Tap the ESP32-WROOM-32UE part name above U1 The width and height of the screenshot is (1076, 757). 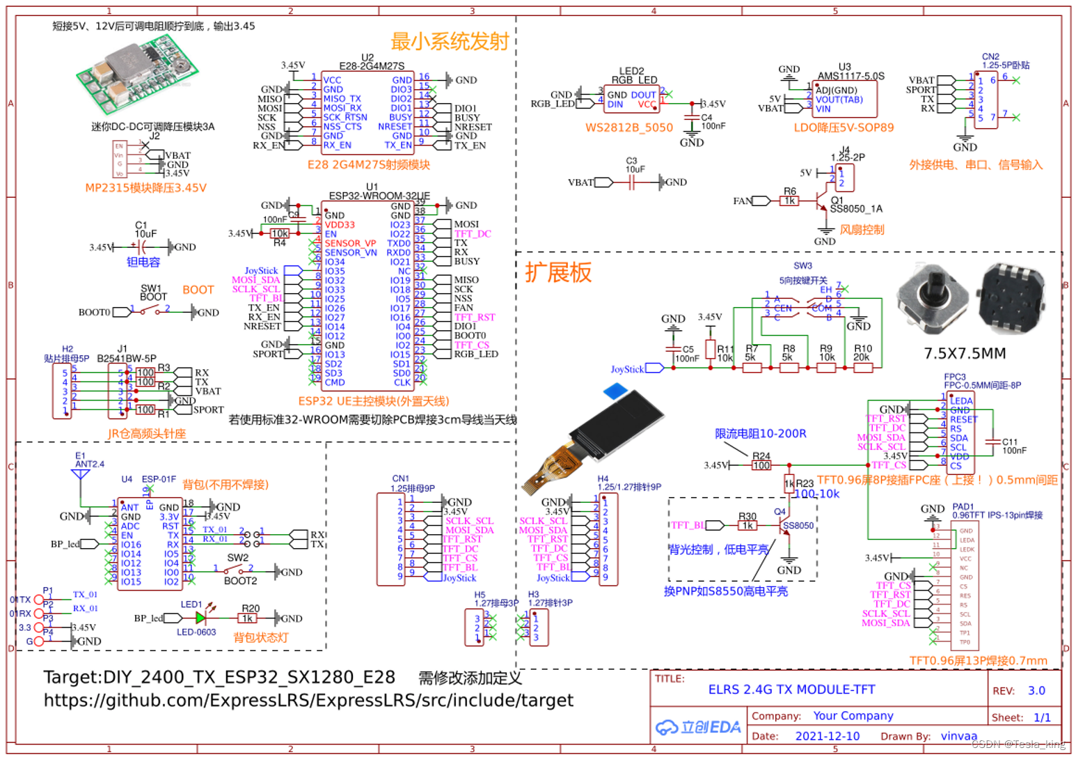click(x=379, y=196)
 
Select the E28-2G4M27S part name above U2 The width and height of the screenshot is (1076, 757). click(x=372, y=66)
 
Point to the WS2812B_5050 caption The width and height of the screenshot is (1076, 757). click(x=628, y=127)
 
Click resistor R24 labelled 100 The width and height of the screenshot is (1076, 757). click(x=761, y=465)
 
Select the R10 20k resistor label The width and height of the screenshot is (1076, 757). click(x=862, y=353)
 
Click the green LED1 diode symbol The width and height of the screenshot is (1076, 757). click(x=201, y=618)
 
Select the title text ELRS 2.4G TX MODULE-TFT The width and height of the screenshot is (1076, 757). click(x=791, y=689)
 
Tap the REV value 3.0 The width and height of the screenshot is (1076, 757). click(x=1036, y=690)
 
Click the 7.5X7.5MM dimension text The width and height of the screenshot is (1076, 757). click(x=965, y=354)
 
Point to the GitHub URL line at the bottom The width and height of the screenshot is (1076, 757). click(x=308, y=701)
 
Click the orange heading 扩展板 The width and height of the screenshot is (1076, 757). click(x=558, y=272)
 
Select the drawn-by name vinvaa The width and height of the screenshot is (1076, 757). click(x=958, y=736)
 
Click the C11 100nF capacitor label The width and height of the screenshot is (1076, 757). click(x=1013, y=446)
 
